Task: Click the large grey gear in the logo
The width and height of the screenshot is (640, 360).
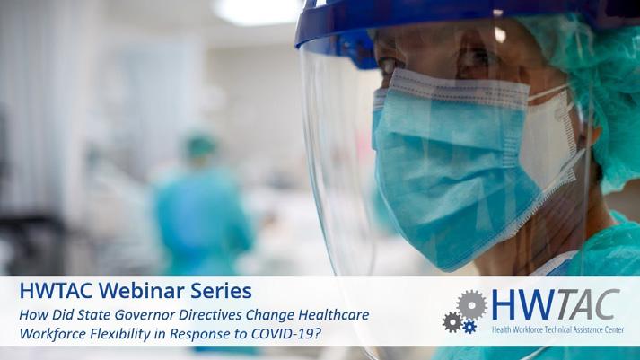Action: click(472, 304)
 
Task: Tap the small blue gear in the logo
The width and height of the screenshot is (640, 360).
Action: click(469, 326)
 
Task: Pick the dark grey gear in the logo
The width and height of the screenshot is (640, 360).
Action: click(452, 321)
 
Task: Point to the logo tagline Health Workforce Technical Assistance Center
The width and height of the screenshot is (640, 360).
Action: click(557, 329)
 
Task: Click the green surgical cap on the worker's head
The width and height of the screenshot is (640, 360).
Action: click(592, 82)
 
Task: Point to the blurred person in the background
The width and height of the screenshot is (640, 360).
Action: click(202, 204)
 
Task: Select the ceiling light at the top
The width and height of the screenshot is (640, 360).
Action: click(257, 10)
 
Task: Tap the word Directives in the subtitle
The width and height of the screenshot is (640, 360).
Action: click(210, 315)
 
